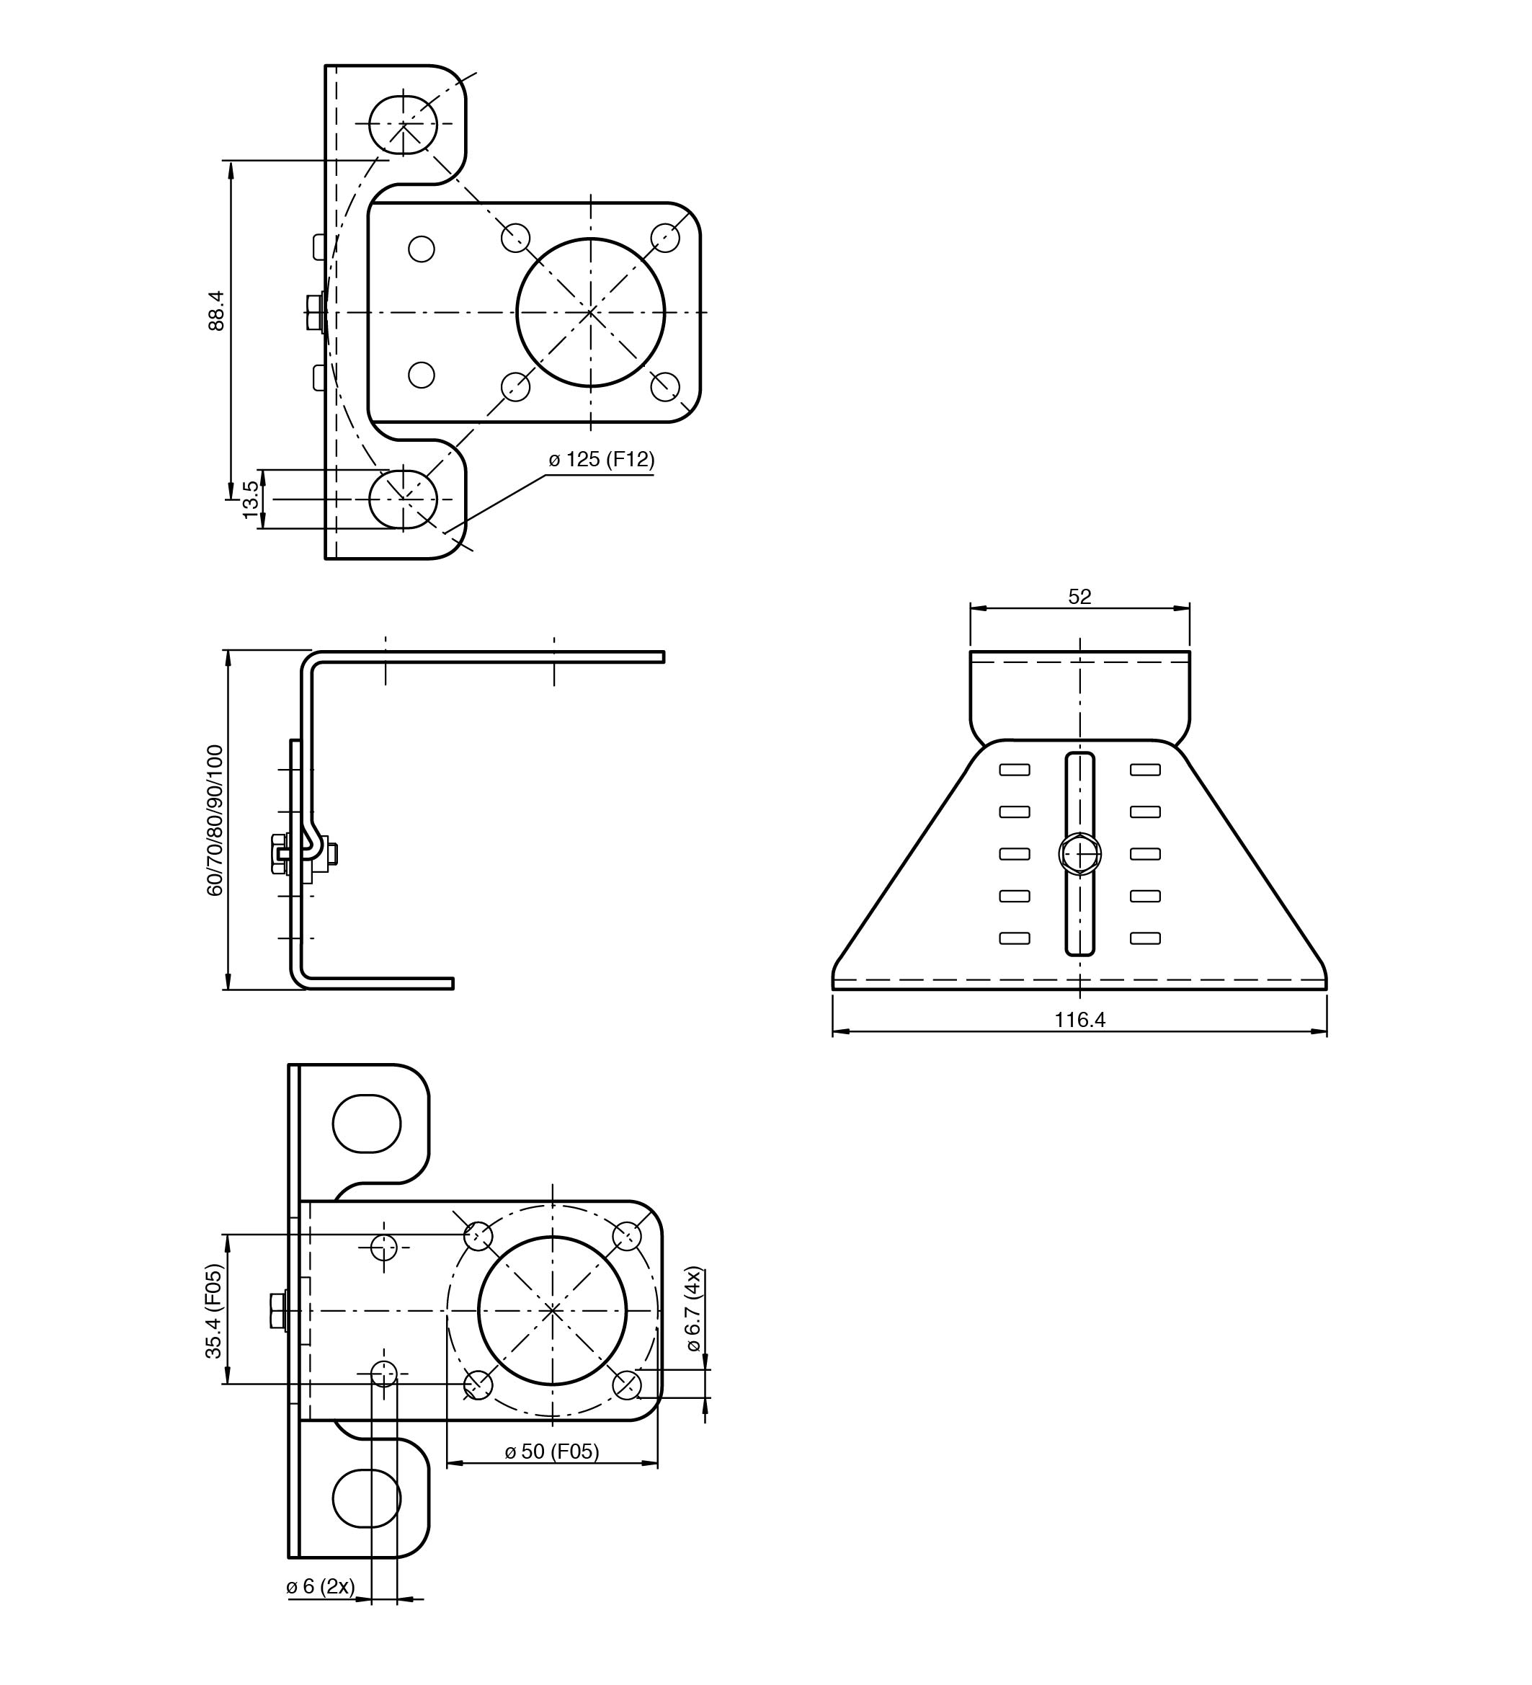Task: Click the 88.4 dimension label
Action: pos(216,311)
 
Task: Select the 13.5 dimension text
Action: pos(251,499)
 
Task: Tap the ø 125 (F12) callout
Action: pos(602,459)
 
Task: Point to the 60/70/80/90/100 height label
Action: pos(215,821)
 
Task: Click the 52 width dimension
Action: pos(1080,597)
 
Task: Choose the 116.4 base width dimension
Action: pos(1080,1020)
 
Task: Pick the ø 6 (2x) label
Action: pos(320,1586)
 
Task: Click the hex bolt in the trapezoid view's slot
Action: pos(1080,854)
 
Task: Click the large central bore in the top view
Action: pos(591,313)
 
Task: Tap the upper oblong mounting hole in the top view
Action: pos(403,124)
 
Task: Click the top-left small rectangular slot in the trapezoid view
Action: pos(1015,770)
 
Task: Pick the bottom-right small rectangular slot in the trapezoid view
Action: pos(1145,938)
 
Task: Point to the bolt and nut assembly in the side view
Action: pos(304,854)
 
